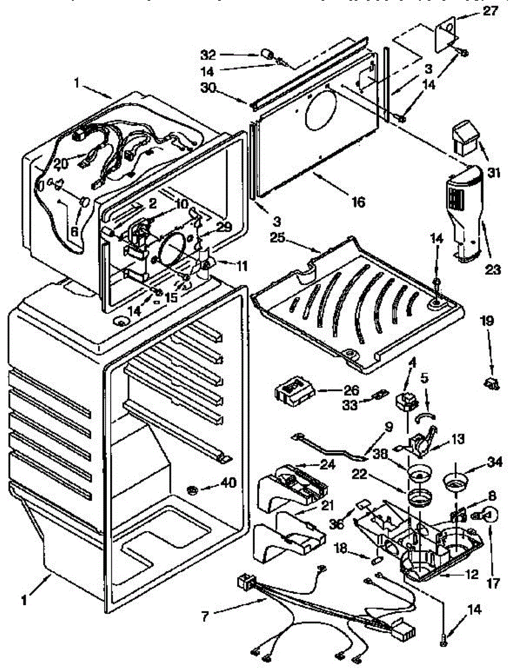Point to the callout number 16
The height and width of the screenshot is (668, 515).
(x=358, y=202)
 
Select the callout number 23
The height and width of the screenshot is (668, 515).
(x=492, y=270)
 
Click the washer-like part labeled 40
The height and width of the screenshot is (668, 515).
(x=192, y=489)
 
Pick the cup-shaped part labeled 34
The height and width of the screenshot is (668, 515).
(x=455, y=480)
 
